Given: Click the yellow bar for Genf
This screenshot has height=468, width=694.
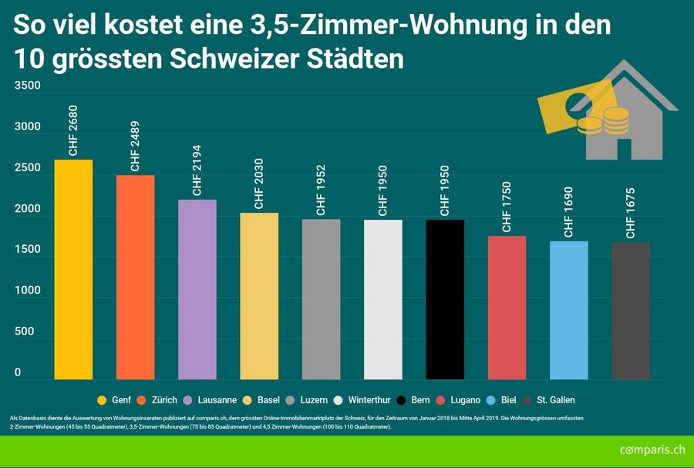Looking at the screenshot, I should (73, 270).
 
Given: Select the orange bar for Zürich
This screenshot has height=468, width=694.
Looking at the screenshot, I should (135, 278).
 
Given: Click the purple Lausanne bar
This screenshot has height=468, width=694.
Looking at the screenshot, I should (197, 289).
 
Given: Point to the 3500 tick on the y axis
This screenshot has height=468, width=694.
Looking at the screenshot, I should (27, 86).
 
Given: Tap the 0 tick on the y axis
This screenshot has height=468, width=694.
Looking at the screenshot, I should (18, 372).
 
